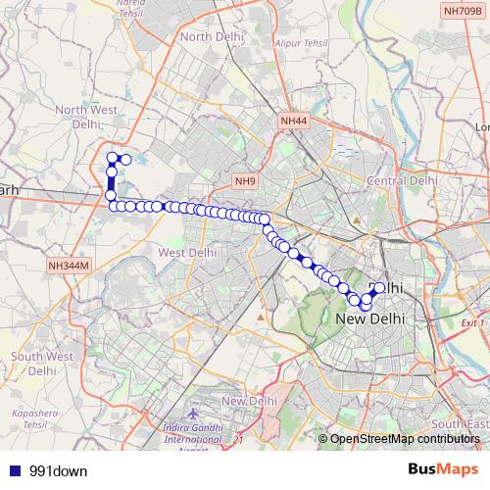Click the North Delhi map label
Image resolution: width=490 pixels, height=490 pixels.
tap(210, 36)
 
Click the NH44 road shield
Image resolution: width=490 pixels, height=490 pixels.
tap(293, 121)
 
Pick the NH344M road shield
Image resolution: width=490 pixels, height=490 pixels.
tap(67, 265)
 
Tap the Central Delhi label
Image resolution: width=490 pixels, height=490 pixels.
tap(401, 181)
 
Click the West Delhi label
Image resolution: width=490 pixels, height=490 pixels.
tap(187, 252)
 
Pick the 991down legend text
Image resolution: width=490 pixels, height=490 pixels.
tap(58, 470)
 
